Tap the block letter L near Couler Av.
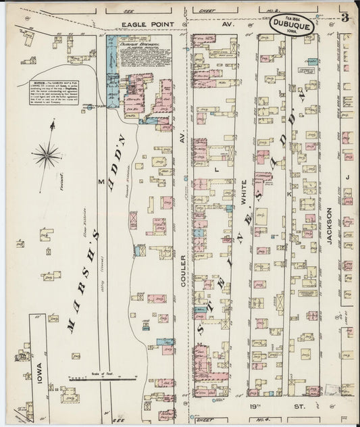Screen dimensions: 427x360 (216, 171)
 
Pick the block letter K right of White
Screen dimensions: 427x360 (288, 194)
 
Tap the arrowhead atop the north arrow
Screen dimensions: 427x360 (54, 122)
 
